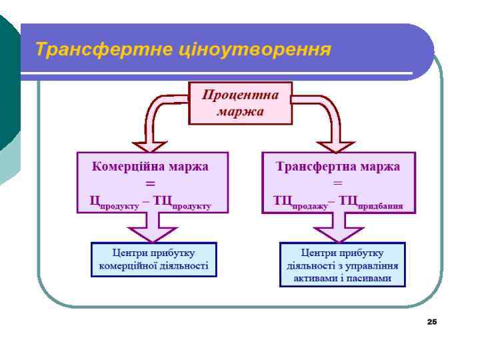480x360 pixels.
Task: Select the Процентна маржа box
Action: tap(240, 103)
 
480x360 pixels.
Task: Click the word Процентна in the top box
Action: tap(240, 95)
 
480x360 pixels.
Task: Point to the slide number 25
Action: tap(431, 322)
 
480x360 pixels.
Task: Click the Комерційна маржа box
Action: tap(152, 182)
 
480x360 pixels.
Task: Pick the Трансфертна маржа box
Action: tap(338, 182)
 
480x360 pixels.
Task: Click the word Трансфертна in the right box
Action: tap(317, 167)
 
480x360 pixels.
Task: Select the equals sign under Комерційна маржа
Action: tap(151, 183)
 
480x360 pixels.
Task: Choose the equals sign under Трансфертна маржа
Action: tap(338, 183)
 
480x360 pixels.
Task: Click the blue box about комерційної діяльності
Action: tap(153, 259)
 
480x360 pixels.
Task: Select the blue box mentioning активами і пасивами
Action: tap(342, 265)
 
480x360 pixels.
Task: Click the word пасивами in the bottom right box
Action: tap(371, 277)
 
